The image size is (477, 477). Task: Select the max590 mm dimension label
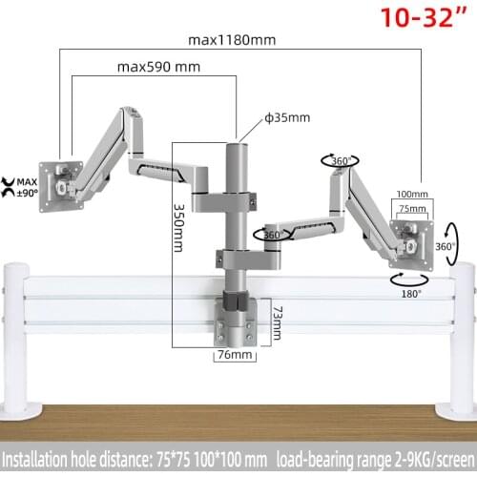pyautogui.click(x=157, y=68)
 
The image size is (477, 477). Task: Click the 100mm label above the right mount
pyautogui.click(x=411, y=193)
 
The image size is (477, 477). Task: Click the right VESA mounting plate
pyautogui.click(x=412, y=235)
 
